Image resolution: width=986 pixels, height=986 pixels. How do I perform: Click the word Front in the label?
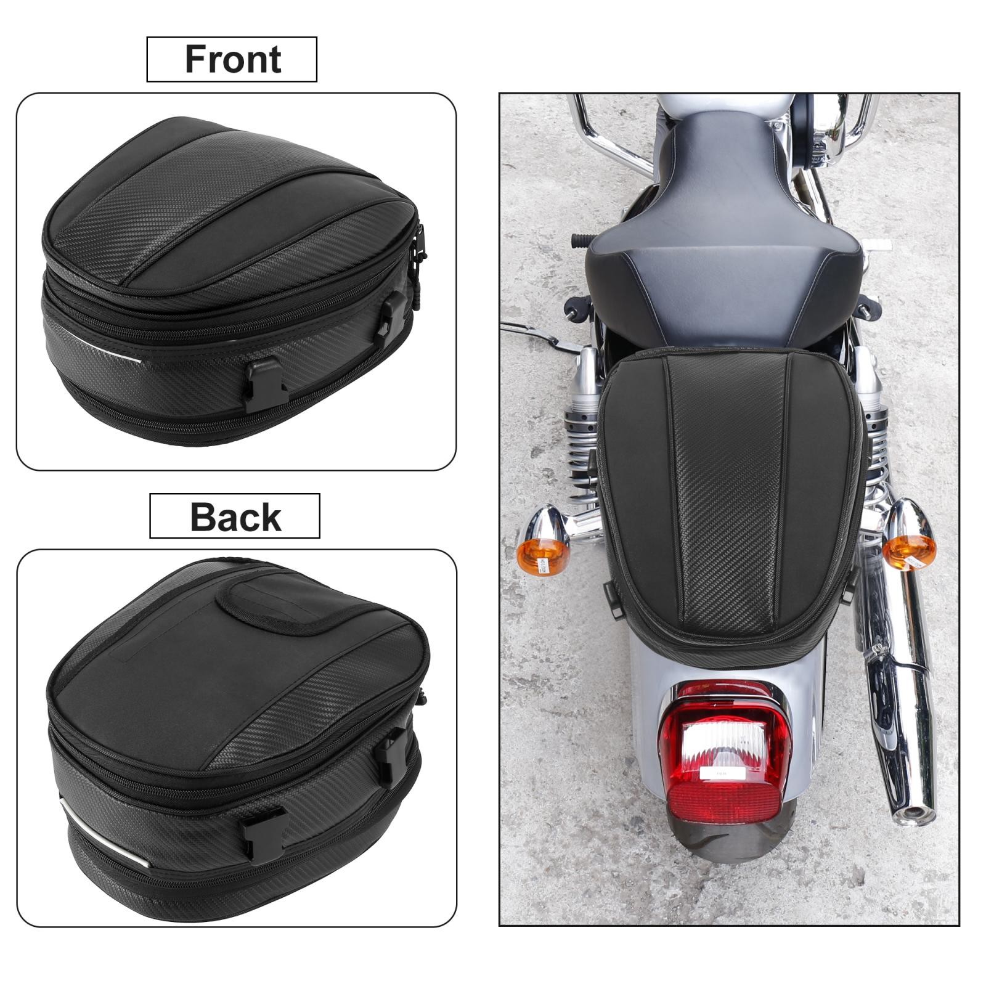point(233,59)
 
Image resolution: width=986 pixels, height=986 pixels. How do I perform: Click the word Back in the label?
point(235,516)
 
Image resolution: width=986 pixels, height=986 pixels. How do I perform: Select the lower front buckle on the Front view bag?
point(266,385)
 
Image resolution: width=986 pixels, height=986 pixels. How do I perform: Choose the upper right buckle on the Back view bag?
point(393,755)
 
